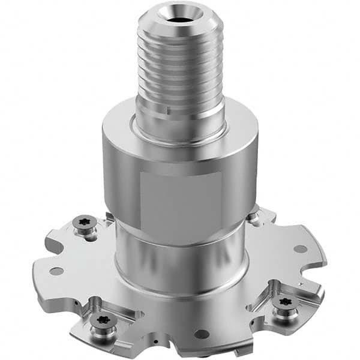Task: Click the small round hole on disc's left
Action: pos(56,271)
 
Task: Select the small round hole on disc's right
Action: pos(300,248)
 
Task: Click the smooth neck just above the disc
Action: pos(180,258)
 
